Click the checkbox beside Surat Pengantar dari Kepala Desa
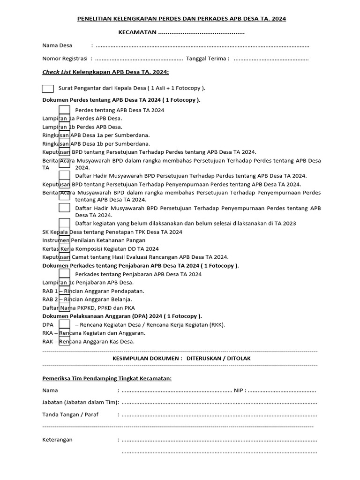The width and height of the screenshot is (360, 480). click(x=48, y=88)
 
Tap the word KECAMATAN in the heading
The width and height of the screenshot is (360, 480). click(x=137, y=33)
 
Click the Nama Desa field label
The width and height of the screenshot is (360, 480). click(x=57, y=45)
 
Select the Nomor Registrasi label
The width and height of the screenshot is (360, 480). click(x=65, y=59)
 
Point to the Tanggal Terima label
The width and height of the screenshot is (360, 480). click(x=208, y=59)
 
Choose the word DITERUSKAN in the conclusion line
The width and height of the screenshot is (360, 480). click(x=202, y=358)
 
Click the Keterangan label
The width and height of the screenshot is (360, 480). click(x=57, y=440)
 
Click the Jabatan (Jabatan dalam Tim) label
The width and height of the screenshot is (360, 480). click(x=81, y=402)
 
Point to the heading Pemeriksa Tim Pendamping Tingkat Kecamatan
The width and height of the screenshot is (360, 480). click(x=107, y=378)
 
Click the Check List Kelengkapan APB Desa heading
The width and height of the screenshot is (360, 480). click(x=105, y=72)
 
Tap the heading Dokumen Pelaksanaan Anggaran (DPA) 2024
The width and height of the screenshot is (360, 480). click(x=122, y=316)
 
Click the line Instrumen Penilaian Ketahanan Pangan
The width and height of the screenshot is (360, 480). click(x=94, y=240)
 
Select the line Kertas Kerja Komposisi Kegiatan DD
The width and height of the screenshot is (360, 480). click(x=100, y=248)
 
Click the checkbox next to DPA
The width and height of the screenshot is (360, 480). click(x=65, y=324)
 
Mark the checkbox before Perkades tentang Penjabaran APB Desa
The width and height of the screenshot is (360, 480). click(x=65, y=274)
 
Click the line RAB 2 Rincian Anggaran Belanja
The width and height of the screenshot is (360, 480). click(x=87, y=299)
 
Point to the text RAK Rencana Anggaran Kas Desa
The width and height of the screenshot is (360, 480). click(x=88, y=341)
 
